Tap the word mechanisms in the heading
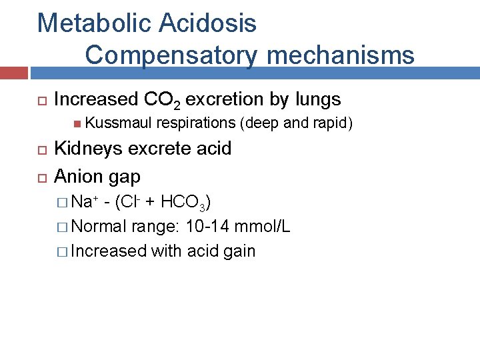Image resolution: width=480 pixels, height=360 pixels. [338, 55]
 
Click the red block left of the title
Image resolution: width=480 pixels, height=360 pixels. [13, 73]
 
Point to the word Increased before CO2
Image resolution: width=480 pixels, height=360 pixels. [95, 100]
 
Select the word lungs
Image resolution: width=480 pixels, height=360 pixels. [317, 100]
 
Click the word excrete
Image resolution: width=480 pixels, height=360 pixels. [156, 148]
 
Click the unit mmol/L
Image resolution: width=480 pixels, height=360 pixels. [265, 227]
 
